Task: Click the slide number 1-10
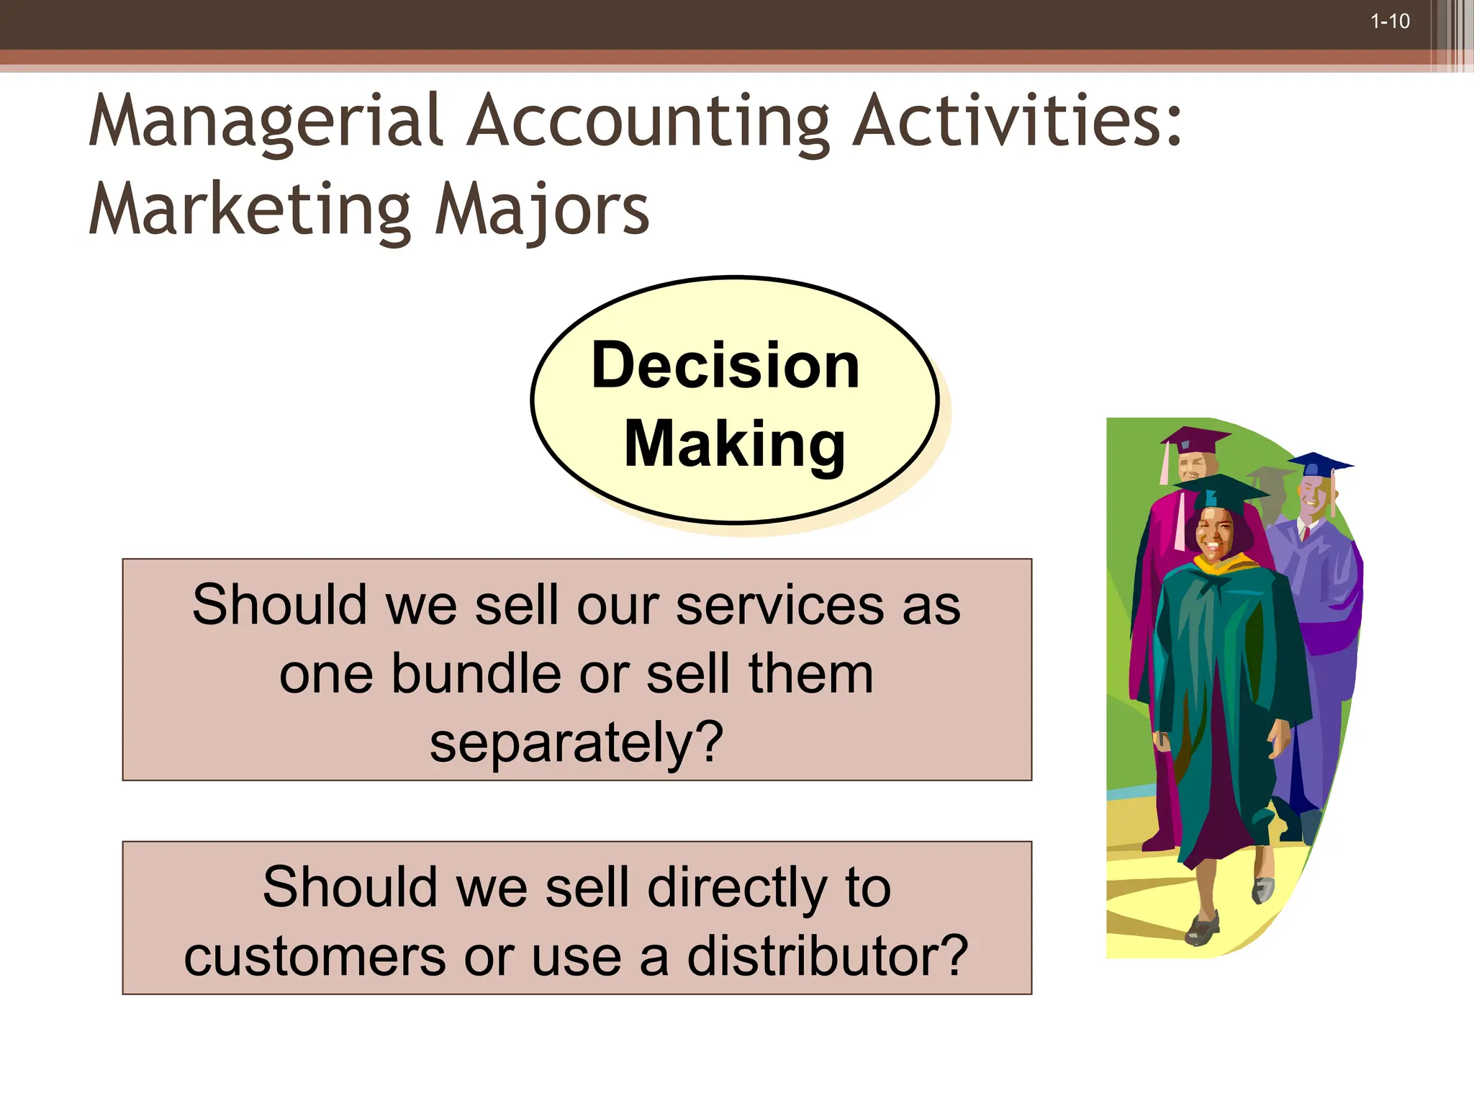pos(1390,22)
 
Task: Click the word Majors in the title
pos(542,210)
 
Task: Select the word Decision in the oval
pos(725,366)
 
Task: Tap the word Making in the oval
pos(734,444)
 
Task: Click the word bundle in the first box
pos(476,674)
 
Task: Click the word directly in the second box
pos(737,887)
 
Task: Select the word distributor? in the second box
pos(828,956)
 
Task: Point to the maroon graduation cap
pos(1195,437)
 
